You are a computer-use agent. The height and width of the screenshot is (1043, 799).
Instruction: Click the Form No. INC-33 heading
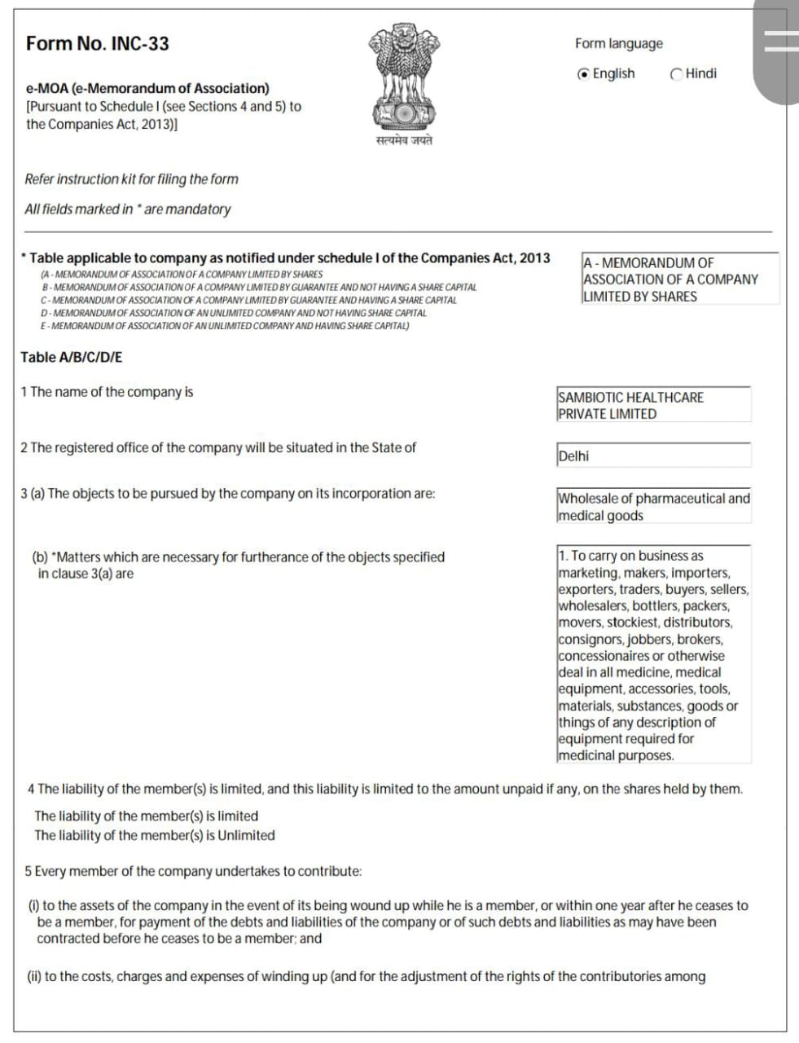click(98, 44)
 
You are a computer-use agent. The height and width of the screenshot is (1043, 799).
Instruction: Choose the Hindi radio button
click(676, 74)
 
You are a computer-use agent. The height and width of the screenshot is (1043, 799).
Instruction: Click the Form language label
click(618, 44)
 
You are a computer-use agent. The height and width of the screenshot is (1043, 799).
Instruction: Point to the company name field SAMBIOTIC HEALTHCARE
click(652, 405)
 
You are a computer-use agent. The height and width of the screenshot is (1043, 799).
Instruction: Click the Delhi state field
click(652, 455)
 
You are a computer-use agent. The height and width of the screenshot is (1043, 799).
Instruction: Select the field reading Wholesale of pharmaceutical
click(653, 506)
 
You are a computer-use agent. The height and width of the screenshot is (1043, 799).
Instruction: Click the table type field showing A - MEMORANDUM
click(679, 279)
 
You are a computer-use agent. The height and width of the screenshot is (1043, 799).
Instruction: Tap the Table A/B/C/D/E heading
click(72, 357)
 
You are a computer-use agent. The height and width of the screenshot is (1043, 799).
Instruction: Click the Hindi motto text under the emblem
click(404, 141)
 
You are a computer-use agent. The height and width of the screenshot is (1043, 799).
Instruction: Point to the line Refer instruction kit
click(131, 179)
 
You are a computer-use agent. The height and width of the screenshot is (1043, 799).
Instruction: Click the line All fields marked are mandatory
click(128, 209)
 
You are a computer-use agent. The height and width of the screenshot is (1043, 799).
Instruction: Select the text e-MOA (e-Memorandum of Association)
click(147, 88)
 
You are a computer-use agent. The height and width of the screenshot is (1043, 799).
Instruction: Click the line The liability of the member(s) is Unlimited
click(155, 835)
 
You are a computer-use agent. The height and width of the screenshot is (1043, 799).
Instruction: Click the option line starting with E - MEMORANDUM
click(226, 326)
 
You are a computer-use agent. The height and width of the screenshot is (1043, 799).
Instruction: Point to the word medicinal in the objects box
click(587, 755)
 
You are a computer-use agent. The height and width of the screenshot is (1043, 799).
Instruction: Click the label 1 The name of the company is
click(107, 392)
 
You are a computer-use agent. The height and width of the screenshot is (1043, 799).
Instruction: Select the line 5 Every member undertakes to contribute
click(193, 871)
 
